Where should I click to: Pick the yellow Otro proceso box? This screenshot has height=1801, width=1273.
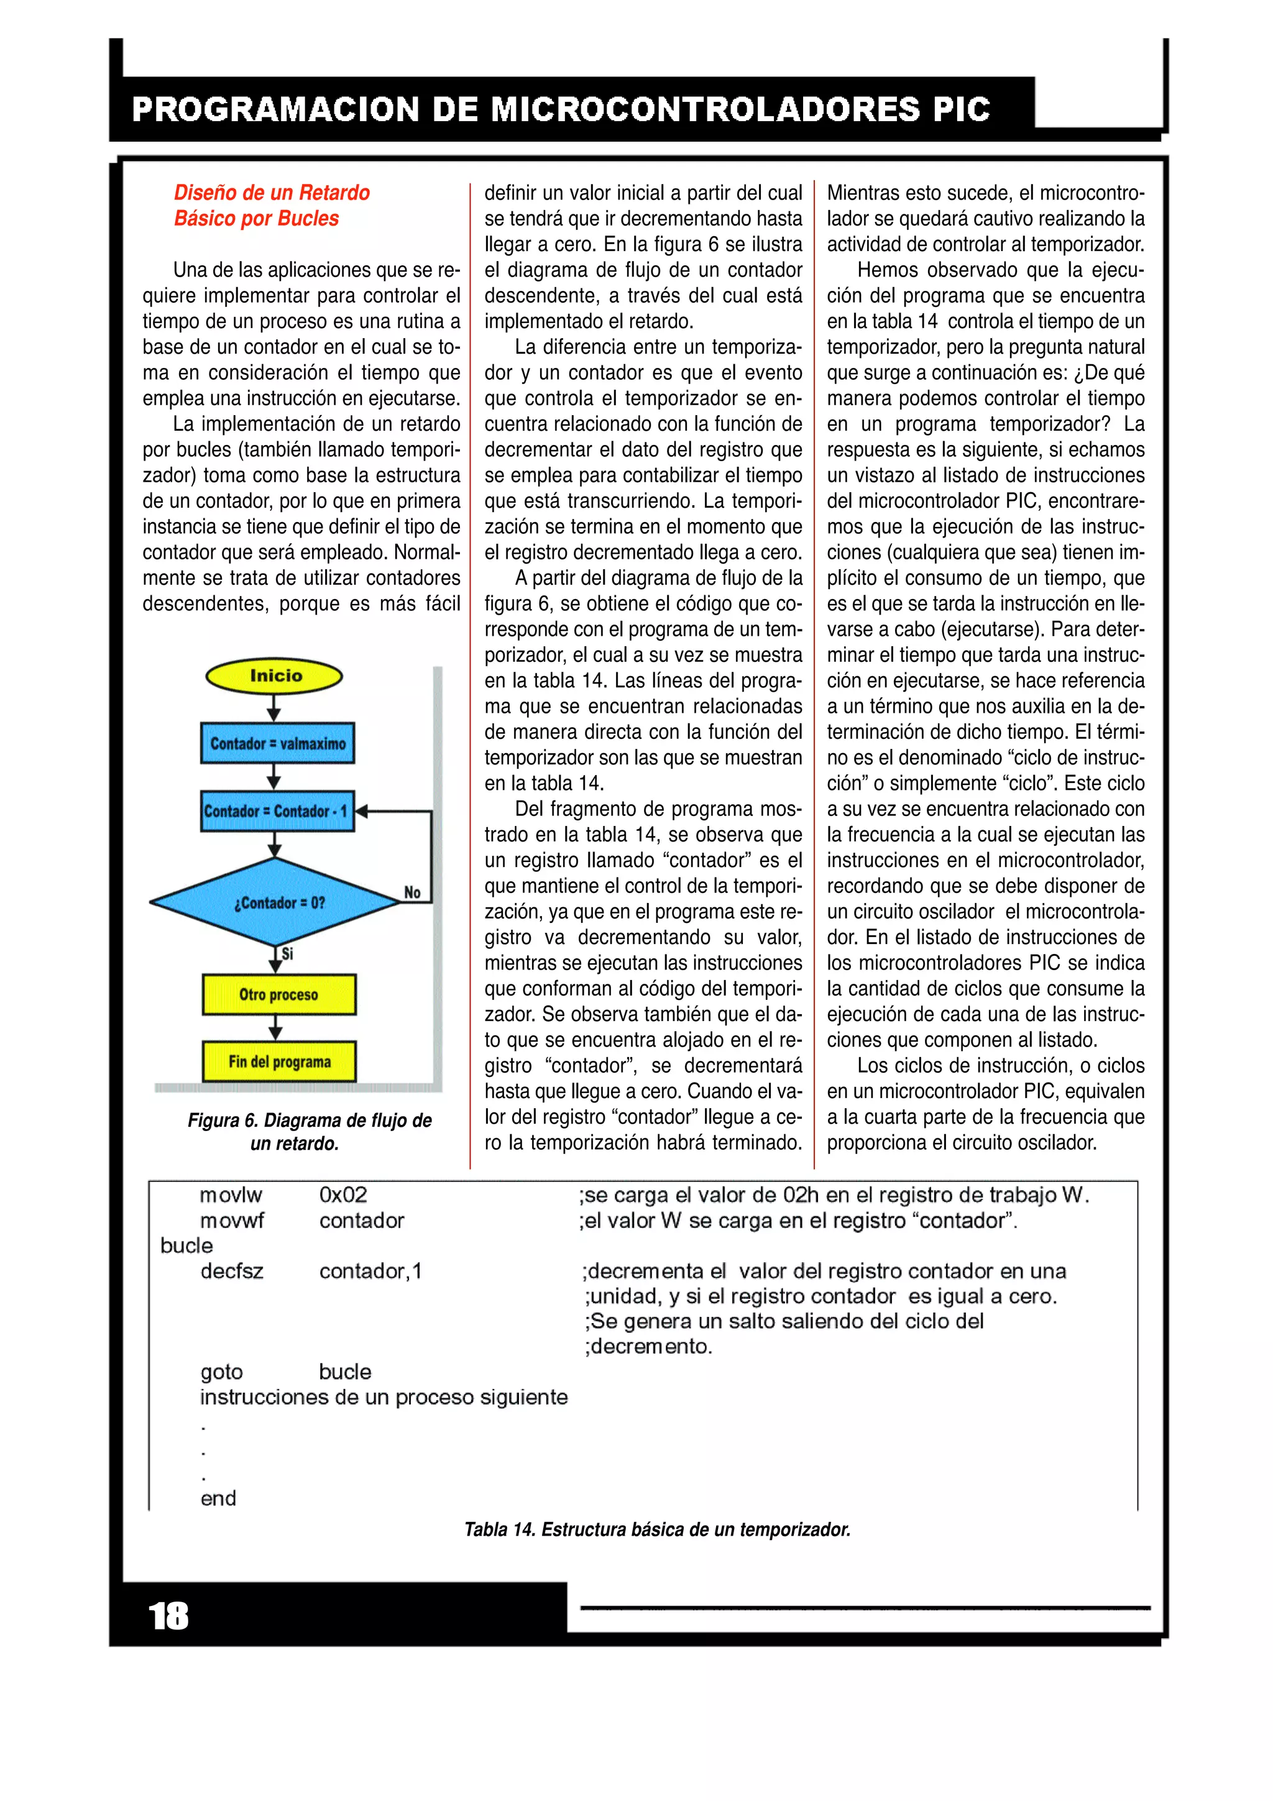click(x=278, y=994)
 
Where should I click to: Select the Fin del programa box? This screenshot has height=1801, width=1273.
click(x=278, y=1061)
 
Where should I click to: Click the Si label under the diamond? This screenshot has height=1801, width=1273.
click(x=287, y=953)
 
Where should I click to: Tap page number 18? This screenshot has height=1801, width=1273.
click(x=168, y=1616)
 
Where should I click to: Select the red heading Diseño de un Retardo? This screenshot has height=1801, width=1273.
click(x=272, y=192)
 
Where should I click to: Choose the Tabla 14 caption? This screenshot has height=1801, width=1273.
click(x=656, y=1529)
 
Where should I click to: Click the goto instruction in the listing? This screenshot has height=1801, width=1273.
click(x=221, y=1372)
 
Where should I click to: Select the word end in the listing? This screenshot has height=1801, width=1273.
click(x=218, y=1498)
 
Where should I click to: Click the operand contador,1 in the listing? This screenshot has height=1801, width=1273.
click(x=370, y=1271)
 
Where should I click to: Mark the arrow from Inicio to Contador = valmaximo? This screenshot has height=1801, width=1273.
click(x=273, y=707)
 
